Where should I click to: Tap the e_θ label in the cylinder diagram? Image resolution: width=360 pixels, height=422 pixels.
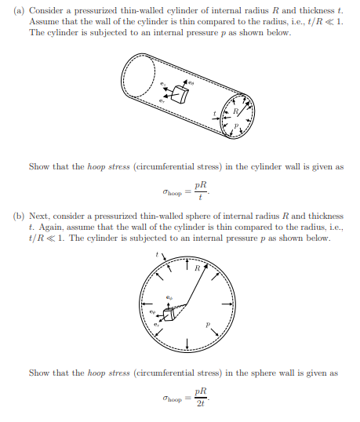(189, 80)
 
